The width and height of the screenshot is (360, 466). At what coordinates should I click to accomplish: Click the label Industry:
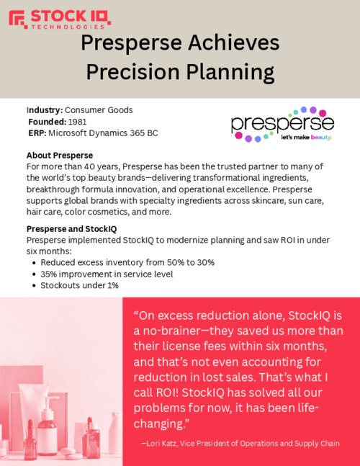point(45,110)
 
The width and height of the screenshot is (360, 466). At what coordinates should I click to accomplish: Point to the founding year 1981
point(77,122)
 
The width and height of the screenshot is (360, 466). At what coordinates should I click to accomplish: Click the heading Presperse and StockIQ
point(71,229)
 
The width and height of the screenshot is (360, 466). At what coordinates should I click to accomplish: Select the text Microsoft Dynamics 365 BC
point(104,133)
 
